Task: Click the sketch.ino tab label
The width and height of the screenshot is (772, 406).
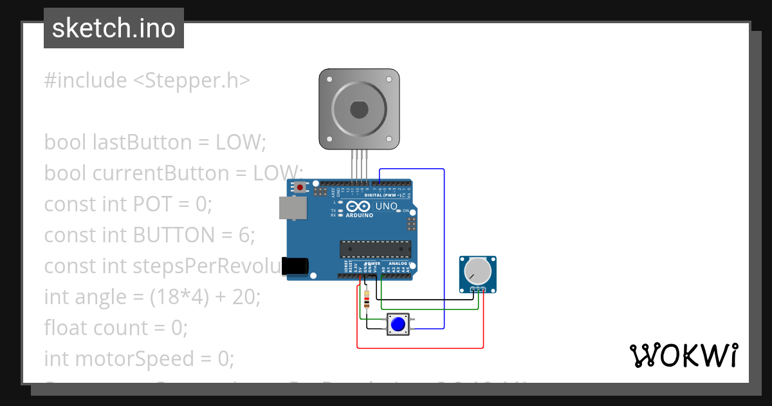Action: (x=114, y=28)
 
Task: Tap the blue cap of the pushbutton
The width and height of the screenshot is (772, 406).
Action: (x=398, y=324)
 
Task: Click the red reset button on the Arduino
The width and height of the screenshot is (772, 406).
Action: (x=300, y=188)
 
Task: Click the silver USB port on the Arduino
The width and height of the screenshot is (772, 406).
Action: (x=293, y=207)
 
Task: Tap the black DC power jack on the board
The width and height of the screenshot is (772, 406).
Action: (x=295, y=266)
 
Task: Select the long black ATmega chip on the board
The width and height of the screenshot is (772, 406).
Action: (x=376, y=249)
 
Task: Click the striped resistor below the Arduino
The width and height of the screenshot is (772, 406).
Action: (x=367, y=300)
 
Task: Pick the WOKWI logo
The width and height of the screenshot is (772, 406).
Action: (x=683, y=355)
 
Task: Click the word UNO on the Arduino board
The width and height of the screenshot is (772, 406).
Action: (x=387, y=206)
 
